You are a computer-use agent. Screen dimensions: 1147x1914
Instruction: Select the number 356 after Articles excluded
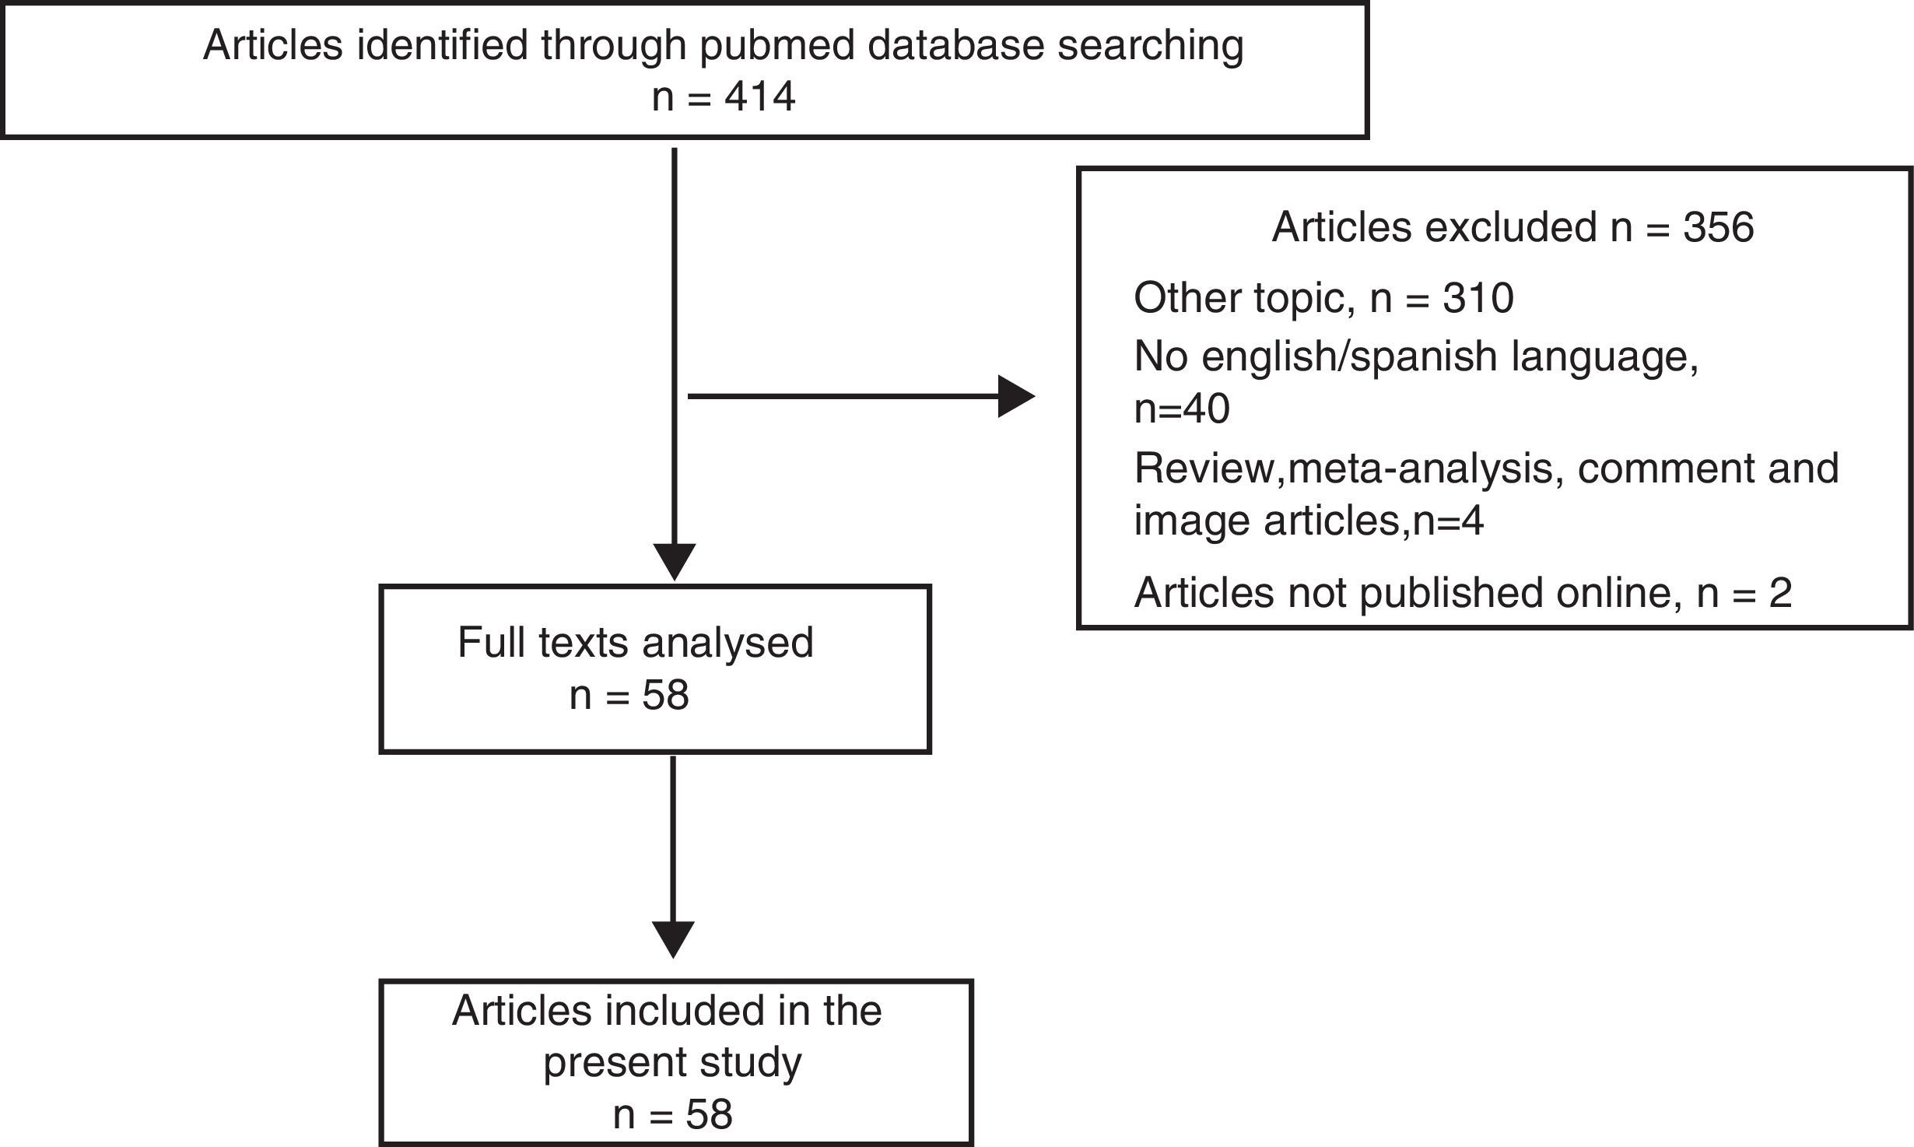coord(1718,228)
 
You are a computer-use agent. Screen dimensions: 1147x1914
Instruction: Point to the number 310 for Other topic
coord(1478,298)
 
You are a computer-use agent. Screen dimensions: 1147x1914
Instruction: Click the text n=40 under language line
coord(1182,408)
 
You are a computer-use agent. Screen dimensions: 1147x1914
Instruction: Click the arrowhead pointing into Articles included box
coord(673,940)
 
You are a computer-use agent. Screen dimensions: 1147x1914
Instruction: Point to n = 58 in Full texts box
coord(629,695)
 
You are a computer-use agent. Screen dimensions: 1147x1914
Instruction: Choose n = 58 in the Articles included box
coord(672,1114)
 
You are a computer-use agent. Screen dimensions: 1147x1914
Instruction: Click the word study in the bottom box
coord(754,1062)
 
